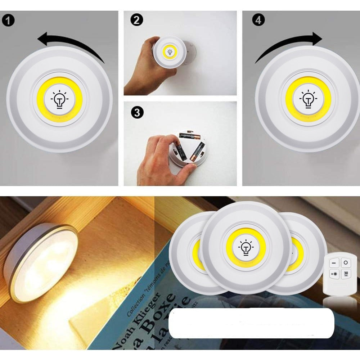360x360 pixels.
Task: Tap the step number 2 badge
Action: pos(136,20)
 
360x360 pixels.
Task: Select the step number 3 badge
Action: pos(136,113)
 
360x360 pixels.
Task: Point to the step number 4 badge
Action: pos(258,20)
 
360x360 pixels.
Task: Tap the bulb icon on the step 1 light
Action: pos(59,99)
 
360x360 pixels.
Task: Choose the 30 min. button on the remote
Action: pos(345,274)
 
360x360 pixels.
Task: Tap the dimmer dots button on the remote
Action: pos(334,274)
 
